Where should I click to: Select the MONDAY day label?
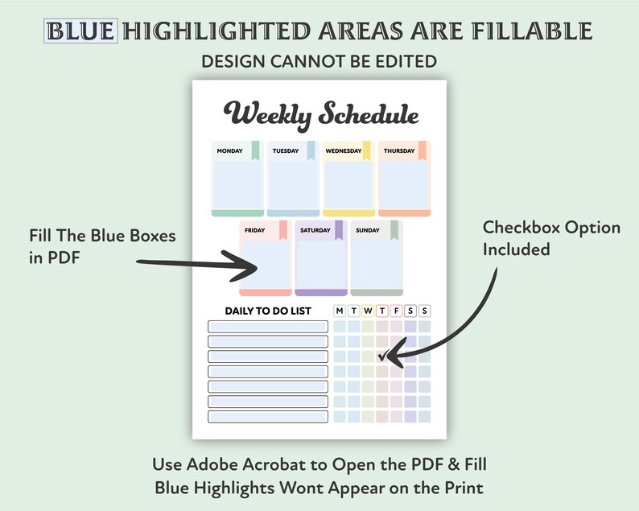pyautogui.click(x=229, y=150)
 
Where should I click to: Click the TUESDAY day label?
pyautogui.click(x=285, y=150)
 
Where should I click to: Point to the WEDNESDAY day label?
pyautogui.click(x=343, y=150)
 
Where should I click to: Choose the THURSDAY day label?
pyautogui.click(x=399, y=150)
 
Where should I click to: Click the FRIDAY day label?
pyautogui.click(x=254, y=231)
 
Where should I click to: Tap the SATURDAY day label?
pyautogui.click(x=315, y=231)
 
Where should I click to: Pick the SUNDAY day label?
pyautogui.click(x=367, y=231)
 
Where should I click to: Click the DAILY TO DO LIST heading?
pyautogui.click(x=268, y=311)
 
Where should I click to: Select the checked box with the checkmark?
pyautogui.click(x=382, y=356)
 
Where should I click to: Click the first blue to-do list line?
pyautogui.click(x=268, y=326)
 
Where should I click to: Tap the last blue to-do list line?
pyautogui.click(x=268, y=417)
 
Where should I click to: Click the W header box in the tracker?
pyautogui.click(x=368, y=311)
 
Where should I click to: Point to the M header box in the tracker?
pyautogui.click(x=340, y=311)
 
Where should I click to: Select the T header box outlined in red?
pyautogui.click(x=382, y=311)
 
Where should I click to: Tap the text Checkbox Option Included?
pyautogui.click(x=551, y=238)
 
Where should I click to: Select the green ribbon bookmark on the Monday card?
pyautogui.click(x=256, y=151)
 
